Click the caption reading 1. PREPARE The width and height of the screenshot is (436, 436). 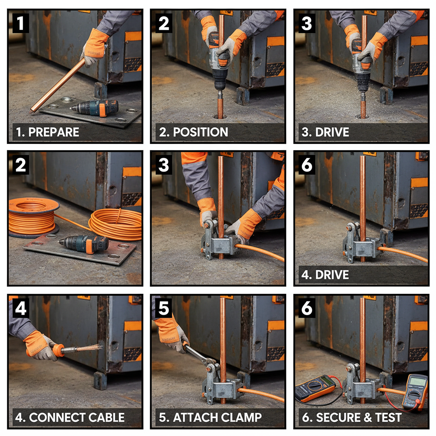coord(47,132)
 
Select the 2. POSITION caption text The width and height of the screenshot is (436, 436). coord(193,132)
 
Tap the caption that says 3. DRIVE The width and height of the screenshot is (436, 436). coord(325,132)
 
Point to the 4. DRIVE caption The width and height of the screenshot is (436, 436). coord(325,275)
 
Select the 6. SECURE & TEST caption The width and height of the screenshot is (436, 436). coord(352,418)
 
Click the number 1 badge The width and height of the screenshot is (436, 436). coord(20,23)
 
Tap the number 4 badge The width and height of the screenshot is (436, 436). coord(20,309)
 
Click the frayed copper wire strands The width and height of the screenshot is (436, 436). coord(92,348)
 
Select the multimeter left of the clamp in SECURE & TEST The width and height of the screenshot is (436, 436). coord(315,387)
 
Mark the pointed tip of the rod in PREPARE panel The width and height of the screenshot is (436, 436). coord(31,112)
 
